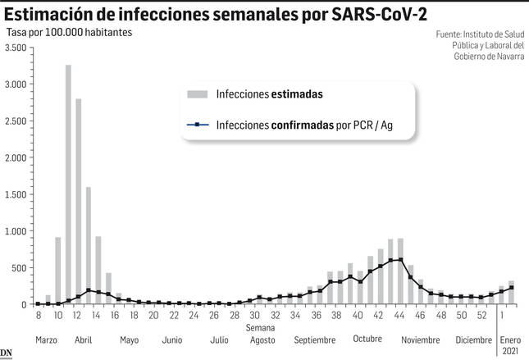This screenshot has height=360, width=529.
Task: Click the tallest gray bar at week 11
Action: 68,185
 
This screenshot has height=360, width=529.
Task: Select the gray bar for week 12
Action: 78,202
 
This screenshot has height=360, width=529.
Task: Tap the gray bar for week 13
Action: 89,246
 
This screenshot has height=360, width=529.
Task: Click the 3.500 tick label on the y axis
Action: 16,48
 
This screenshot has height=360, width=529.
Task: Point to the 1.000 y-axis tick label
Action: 16,231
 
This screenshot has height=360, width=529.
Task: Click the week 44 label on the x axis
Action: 399,316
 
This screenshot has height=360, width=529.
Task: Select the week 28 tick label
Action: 234,316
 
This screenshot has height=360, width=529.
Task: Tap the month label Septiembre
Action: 315,340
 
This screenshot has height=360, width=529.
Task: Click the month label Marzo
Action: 46,339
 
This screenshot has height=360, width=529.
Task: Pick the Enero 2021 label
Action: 510,345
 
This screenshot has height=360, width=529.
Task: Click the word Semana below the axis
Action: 260,328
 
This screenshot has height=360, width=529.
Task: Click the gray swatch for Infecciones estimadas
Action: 198,94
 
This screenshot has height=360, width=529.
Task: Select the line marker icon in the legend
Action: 198,125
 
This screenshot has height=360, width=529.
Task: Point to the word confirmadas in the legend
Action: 303,125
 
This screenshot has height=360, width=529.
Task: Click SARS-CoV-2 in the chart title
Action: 379,15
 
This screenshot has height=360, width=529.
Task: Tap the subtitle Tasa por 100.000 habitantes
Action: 69,32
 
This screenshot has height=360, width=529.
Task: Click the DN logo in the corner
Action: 6,353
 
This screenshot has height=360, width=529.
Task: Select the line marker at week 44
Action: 400,260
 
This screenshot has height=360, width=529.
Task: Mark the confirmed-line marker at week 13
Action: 89,290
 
